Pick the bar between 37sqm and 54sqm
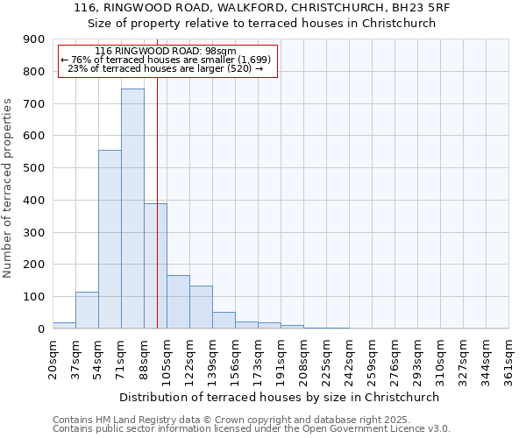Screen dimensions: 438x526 point(87,310)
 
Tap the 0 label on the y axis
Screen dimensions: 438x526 point(40,329)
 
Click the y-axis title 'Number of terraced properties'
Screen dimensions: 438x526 point(8,188)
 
